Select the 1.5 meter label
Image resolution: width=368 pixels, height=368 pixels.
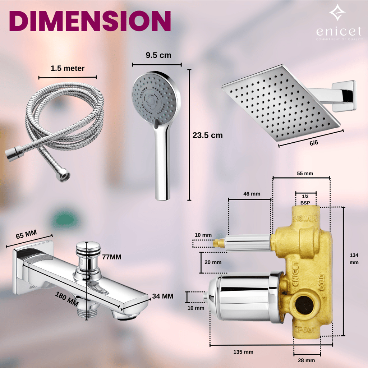pyautogui.click(x=68, y=68)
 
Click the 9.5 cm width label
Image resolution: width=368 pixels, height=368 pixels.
pyautogui.click(x=158, y=55)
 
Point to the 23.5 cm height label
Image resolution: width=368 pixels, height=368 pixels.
pyautogui.click(x=207, y=135)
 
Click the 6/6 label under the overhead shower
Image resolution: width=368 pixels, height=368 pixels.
pyautogui.click(x=313, y=143)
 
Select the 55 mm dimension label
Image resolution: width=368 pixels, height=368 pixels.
pyautogui.click(x=305, y=174)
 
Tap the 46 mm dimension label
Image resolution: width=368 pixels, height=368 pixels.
pyautogui.click(x=252, y=194)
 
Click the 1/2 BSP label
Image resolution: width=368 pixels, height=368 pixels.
pyautogui.click(x=305, y=199)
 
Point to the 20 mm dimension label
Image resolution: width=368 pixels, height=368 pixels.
pyautogui.click(x=213, y=262)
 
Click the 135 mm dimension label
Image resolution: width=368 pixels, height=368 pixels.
pyautogui.click(x=243, y=351)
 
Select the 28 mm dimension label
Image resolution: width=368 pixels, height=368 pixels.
pyautogui.click(x=306, y=360)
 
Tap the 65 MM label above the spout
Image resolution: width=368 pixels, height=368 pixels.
pyautogui.click(x=26, y=235)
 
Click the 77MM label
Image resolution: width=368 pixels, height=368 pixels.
pyautogui.click(x=111, y=257)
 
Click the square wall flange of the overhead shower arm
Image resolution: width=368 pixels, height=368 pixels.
pyautogui.click(x=344, y=95)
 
